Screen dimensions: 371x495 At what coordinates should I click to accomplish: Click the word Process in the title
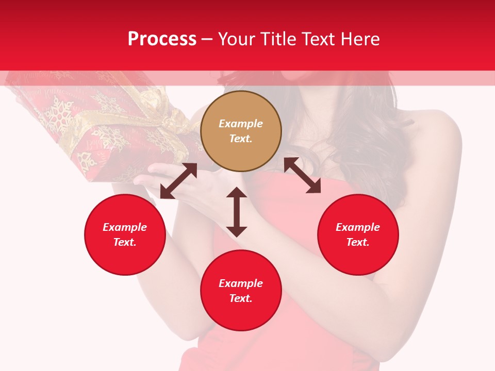pos(162,39)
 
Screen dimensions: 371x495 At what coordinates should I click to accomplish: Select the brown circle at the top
pos(241,131)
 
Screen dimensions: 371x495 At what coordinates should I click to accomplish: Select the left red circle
pos(125,234)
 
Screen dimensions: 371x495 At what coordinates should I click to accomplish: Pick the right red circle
pos(358,234)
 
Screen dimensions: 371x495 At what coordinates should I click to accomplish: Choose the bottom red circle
pos(241,290)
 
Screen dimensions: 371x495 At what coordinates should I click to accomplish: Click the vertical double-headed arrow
pos(237,212)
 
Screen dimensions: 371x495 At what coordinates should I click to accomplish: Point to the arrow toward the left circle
pos(178,181)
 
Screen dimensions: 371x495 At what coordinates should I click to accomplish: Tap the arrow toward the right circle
pos(302,175)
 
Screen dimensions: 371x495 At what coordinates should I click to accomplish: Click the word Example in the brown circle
pos(241,124)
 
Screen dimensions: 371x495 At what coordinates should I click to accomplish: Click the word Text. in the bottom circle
pos(241,298)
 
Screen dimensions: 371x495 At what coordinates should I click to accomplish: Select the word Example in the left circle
pos(125,227)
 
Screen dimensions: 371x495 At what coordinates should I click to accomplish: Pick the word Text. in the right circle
pos(358,242)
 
